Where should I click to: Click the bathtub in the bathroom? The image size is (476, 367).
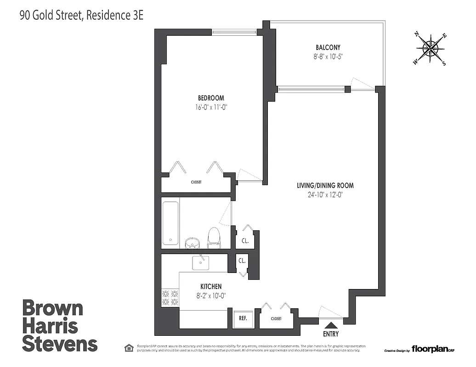170,223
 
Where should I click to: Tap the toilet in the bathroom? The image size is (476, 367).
214,238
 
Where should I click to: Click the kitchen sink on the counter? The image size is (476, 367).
201,262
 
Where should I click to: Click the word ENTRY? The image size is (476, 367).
331,334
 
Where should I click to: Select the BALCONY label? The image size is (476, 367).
328,48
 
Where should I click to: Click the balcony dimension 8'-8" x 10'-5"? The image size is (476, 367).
328,57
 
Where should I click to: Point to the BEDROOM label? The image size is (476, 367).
211,98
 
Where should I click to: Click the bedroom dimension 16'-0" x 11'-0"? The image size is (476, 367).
211,107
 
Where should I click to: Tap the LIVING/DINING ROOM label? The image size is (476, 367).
325,186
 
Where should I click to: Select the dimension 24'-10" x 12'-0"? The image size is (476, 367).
325,195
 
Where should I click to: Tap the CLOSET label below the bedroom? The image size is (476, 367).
196,182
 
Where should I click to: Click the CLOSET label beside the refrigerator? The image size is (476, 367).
276,318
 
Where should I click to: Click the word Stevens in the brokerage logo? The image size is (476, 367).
60,344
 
